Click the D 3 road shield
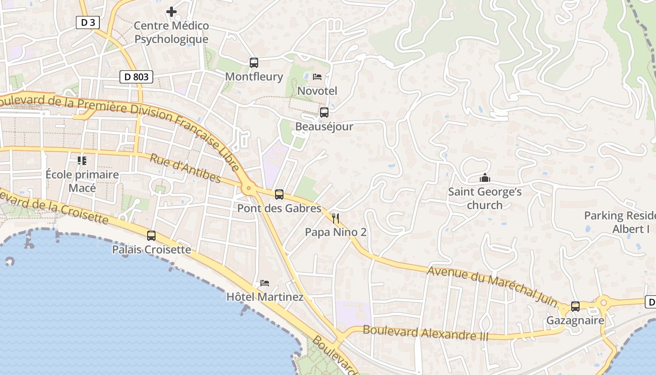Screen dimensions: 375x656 (88, 22)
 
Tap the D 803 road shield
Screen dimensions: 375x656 (136, 76)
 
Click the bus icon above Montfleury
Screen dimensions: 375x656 (253, 62)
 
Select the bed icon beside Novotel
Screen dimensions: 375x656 (317, 76)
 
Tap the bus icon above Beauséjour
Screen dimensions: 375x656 (324, 112)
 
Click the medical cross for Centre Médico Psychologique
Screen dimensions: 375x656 (171, 11)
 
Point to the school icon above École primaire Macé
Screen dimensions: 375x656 (82, 161)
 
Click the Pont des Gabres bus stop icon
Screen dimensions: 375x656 (279, 194)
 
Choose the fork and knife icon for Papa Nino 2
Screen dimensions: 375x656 (335, 218)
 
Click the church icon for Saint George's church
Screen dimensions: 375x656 (485, 178)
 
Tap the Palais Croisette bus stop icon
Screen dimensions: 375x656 (151, 236)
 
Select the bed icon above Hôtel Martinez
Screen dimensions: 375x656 (265, 283)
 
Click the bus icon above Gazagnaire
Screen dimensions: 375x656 (575, 307)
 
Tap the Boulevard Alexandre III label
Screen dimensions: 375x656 (425, 333)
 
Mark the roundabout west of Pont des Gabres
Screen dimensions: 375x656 (248, 189)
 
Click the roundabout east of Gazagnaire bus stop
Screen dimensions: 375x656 (604, 302)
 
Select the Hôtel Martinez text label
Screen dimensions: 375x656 (265, 297)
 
